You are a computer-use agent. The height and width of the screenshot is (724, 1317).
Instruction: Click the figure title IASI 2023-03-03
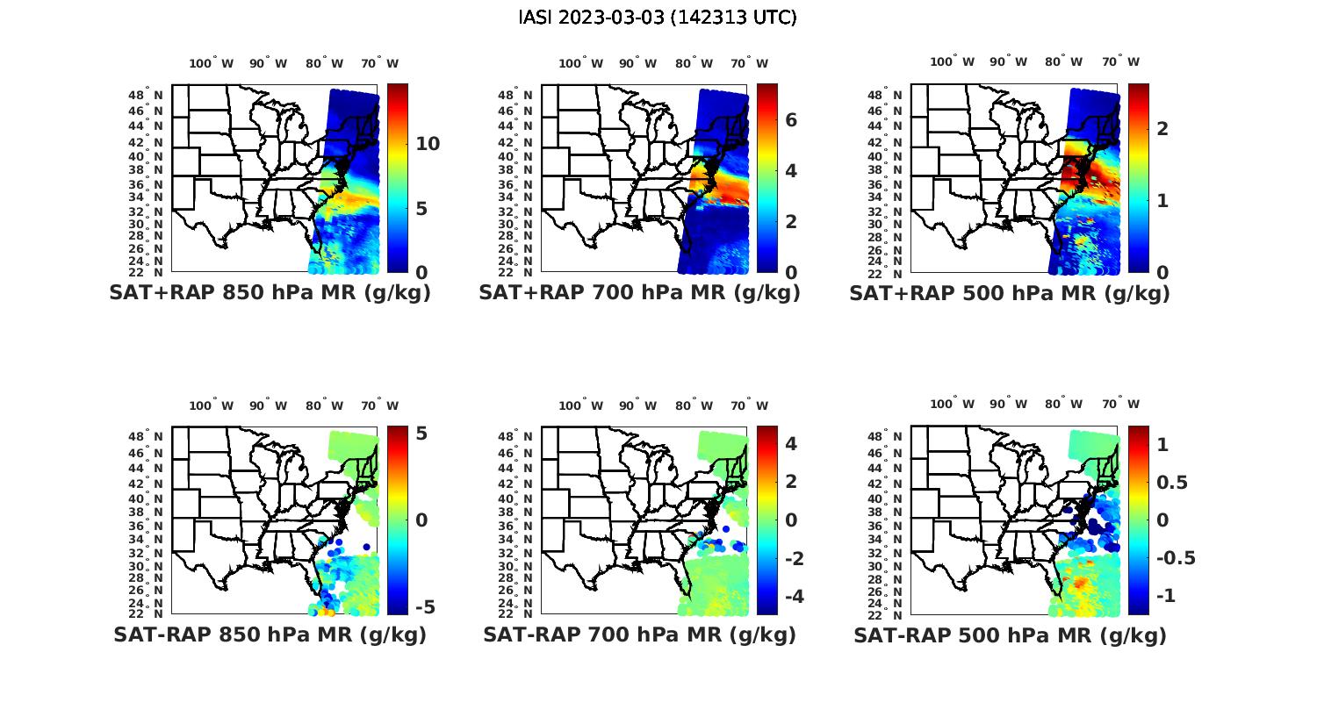click(x=658, y=18)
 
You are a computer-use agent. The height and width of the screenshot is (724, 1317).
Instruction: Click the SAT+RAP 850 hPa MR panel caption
click(x=270, y=293)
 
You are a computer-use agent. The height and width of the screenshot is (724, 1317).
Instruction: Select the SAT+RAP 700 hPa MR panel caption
click(x=639, y=293)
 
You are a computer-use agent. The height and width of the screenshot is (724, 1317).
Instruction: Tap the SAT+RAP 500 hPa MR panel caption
click(x=1010, y=293)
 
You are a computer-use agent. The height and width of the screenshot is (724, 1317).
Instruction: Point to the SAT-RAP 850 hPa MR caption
click(x=270, y=634)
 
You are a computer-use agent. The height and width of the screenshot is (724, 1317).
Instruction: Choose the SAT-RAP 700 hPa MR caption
click(x=639, y=634)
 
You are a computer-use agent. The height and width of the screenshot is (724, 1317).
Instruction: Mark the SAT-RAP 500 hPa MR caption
click(x=1010, y=634)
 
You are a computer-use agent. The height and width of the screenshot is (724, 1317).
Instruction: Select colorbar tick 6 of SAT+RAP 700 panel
click(x=790, y=119)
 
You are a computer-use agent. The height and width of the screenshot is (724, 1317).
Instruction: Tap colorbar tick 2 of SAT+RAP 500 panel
click(x=1162, y=129)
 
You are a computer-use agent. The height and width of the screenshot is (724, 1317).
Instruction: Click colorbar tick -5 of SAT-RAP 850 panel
click(x=424, y=607)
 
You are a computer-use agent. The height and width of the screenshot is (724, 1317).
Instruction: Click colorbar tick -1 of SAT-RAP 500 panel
click(x=1162, y=596)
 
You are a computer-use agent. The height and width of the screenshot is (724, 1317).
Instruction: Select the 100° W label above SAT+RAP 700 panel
click(x=580, y=63)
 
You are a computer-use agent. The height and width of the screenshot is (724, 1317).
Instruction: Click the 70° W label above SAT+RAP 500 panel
click(x=1120, y=61)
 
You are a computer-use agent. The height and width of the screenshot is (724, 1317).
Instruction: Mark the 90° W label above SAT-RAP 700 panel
click(x=637, y=405)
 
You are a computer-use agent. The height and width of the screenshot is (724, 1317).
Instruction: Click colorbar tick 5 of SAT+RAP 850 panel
click(x=421, y=209)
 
